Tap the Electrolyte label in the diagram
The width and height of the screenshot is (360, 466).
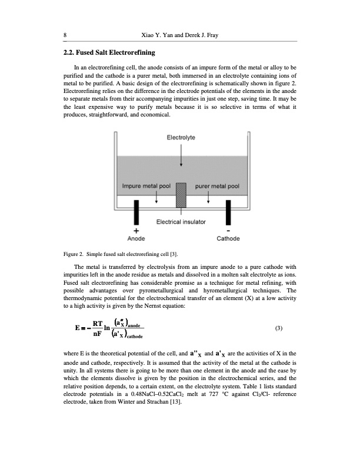pos(181,138)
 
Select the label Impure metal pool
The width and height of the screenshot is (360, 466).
pos(146,187)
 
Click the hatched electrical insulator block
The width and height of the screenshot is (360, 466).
pos(181,194)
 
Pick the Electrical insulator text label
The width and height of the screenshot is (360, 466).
pos(181,222)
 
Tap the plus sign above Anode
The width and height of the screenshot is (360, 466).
pos(136,231)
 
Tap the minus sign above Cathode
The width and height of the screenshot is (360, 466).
pos(228,231)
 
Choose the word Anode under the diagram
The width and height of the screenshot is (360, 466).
pos(136,239)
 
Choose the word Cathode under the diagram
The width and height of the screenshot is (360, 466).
pos(228,239)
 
